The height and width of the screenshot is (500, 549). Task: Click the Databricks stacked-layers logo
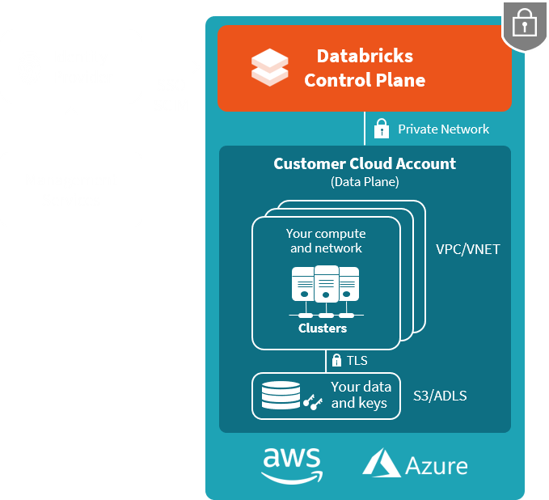click(x=269, y=67)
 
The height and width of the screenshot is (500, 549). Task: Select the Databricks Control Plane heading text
click(x=365, y=68)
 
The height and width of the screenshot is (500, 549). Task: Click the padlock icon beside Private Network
click(x=381, y=129)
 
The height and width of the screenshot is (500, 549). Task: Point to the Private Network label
click(x=443, y=129)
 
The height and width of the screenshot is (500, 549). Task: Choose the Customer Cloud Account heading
click(x=365, y=163)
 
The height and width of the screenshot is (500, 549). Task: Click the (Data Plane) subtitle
click(x=365, y=182)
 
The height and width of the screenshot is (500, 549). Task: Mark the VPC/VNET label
click(x=467, y=249)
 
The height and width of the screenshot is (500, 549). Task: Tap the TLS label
click(x=357, y=360)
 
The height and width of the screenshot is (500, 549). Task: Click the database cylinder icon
click(x=281, y=396)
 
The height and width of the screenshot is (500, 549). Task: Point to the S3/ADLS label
click(x=440, y=396)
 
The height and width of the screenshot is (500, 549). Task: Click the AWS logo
click(x=292, y=464)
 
